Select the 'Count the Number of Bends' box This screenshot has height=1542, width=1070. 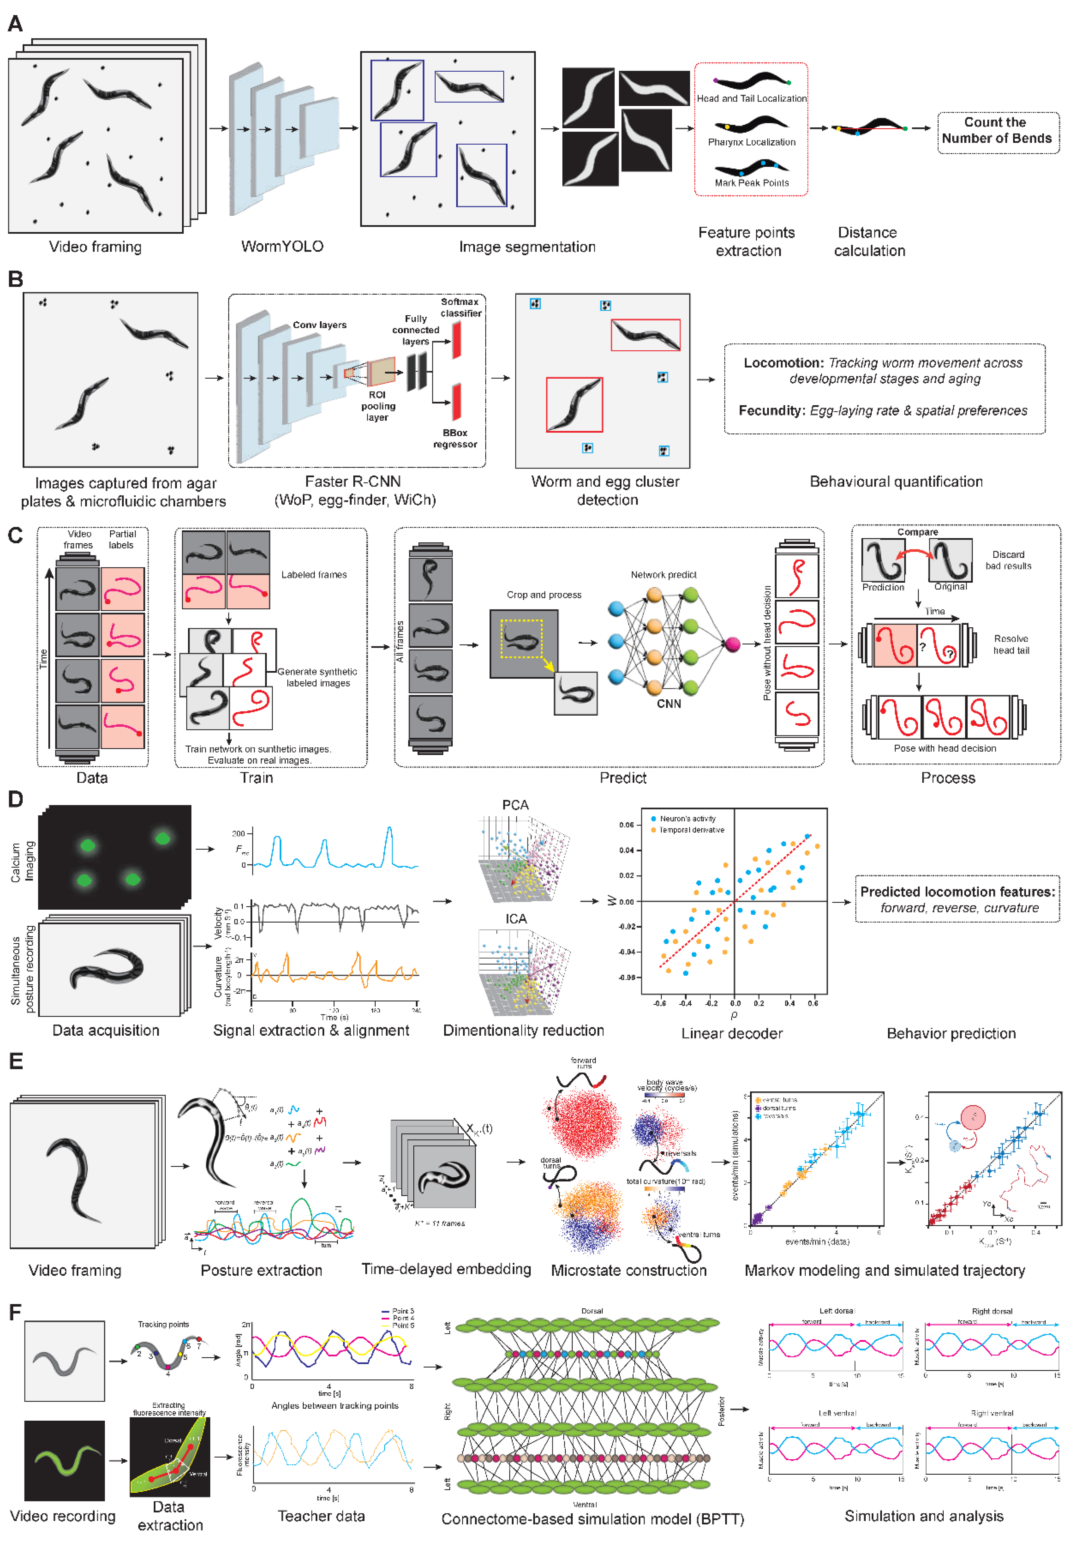[x=997, y=131]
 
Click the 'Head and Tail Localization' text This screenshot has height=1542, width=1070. [x=752, y=98]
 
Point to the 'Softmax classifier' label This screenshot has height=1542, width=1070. [x=461, y=307]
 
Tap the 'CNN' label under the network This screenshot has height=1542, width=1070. [x=668, y=703]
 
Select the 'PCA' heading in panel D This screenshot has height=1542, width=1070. [x=515, y=805]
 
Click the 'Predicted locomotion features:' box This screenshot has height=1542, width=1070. [x=957, y=899]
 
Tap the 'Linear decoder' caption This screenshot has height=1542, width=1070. [x=731, y=1033]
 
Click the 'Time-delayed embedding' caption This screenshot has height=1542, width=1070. [x=446, y=1268]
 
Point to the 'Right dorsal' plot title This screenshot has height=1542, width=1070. [x=991, y=1311]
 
